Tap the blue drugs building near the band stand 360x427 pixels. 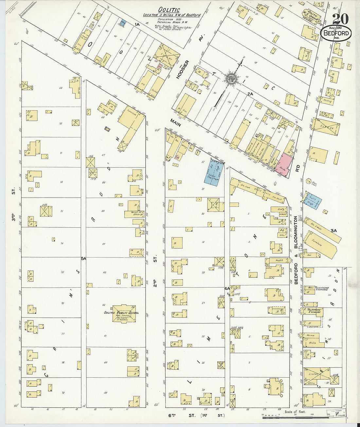tap(312, 200)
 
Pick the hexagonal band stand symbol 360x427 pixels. tap(308, 181)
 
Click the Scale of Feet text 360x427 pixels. tap(295, 412)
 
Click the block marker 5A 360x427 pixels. tap(83, 258)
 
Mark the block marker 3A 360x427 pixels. tap(333, 231)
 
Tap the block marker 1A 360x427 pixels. tap(136, 24)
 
